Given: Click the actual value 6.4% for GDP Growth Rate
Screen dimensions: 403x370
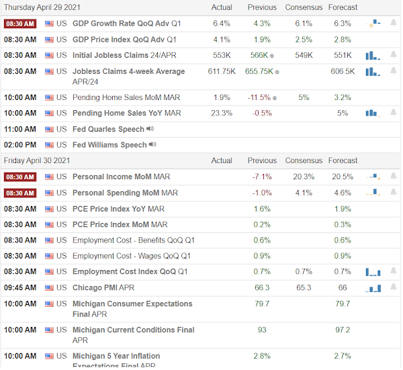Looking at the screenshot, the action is [x=222, y=24].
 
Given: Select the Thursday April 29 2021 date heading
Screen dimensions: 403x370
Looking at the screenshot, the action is [x=42, y=7].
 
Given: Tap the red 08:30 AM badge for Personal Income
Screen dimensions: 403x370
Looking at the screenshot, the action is [x=20, y=177].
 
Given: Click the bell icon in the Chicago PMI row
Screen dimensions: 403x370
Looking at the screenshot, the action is [x=393, y=287].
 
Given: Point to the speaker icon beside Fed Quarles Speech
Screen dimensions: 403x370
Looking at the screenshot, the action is [x=150, y=129].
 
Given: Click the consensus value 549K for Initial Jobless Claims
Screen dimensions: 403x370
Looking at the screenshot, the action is [x=304, y=55].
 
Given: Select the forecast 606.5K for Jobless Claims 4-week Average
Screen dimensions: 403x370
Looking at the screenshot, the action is [x=343, y=71].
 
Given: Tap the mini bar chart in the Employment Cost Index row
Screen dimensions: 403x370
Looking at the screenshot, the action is [x=373, y=272].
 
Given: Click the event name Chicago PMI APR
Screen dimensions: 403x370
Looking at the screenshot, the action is [x=103, y=287].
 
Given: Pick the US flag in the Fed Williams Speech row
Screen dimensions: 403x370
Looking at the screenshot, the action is [x=49, y=145].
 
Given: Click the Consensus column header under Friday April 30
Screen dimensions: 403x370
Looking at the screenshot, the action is [x=304, y=160].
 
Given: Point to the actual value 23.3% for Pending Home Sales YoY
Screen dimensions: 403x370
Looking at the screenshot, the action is [x=222, y=113].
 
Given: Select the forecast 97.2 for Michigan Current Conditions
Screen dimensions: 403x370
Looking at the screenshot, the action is [x=343, y=330].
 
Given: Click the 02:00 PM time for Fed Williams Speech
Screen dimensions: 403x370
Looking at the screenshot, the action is [x=20, y=145].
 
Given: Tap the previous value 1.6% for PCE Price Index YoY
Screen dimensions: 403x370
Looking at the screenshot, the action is [x=262, y=209].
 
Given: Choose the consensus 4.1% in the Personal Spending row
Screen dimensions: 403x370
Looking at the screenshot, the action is [x=304, y=193].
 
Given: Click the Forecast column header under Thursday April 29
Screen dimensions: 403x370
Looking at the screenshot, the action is [x=343, y=7].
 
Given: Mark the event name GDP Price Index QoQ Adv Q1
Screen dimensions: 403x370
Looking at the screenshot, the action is [x=124, y=40].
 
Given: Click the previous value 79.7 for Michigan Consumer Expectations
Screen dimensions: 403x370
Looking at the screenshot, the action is [x=262, y=304].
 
